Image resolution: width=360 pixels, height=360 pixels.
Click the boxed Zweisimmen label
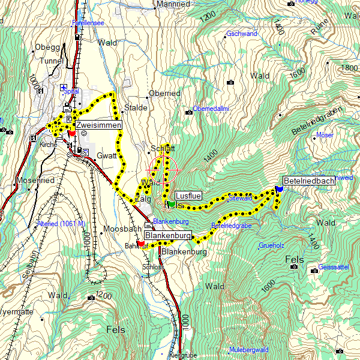98,125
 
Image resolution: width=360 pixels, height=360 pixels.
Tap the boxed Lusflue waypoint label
188,196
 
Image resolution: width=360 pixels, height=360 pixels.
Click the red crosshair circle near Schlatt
164,170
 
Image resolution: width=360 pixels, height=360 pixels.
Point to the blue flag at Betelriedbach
279,189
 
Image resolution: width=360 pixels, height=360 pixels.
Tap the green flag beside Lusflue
172,205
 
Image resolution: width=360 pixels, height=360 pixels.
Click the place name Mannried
173,4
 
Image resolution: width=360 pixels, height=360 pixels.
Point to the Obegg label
47,47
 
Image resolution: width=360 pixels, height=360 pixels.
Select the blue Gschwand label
242,34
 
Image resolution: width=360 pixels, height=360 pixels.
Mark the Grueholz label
271,245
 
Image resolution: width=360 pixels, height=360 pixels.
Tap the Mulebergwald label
248,349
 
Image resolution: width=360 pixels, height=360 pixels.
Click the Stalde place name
136,108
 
